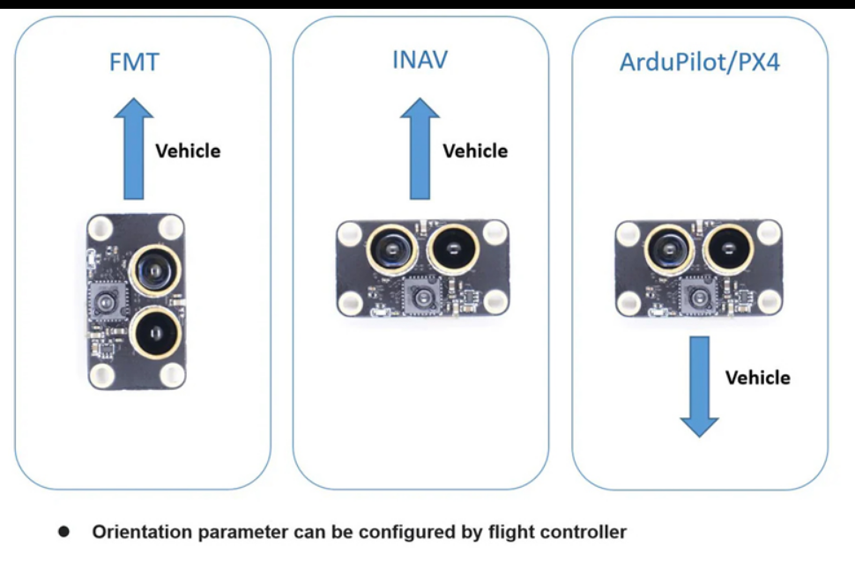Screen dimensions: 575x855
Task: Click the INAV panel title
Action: coord(420,61)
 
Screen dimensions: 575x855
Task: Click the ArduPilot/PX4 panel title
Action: coord(700,63)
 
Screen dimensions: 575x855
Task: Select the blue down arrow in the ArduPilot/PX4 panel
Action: coord(700,387)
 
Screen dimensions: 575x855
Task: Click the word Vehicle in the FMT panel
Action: coord(188,151)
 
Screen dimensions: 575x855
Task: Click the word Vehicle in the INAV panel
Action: coord(475,151)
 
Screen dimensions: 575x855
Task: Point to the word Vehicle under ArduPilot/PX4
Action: coord(757,378)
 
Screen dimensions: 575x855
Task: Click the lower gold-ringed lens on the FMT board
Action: coord(155,333)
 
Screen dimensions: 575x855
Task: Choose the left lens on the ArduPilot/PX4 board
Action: coord(669,249)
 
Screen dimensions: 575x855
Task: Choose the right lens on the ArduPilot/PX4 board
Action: coord(731,249)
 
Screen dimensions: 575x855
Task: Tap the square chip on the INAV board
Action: coord(420,297)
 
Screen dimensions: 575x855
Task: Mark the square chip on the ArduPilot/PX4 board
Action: coord(700,297)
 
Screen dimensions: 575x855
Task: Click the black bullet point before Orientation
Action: coord(64,533)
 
